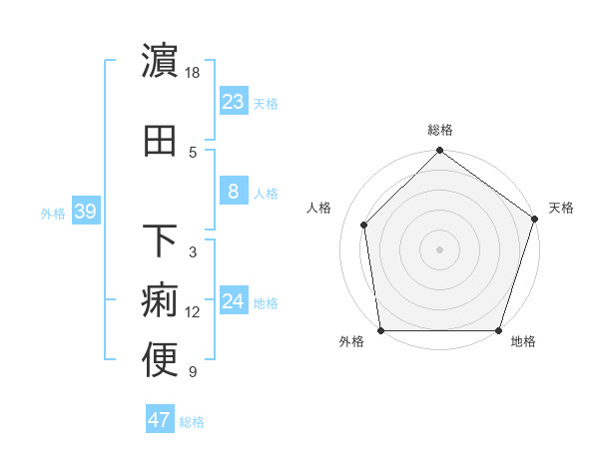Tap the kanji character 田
point(161,141)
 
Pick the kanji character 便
point(161,360)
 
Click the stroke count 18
point(194,73)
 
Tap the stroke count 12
point(193,312)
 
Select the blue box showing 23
point(233,102)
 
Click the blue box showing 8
point(233,192)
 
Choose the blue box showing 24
point(233,301)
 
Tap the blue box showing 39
point(86,212)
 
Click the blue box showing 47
point(160,420)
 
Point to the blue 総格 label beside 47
point(192,422)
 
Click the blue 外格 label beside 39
point(53,213)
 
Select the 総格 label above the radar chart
point(439,130)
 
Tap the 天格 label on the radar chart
point(561,208)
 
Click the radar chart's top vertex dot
point(439,152)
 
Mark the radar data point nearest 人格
point(364,225)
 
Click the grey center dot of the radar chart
point(439,248)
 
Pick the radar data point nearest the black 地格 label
point(498,330)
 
